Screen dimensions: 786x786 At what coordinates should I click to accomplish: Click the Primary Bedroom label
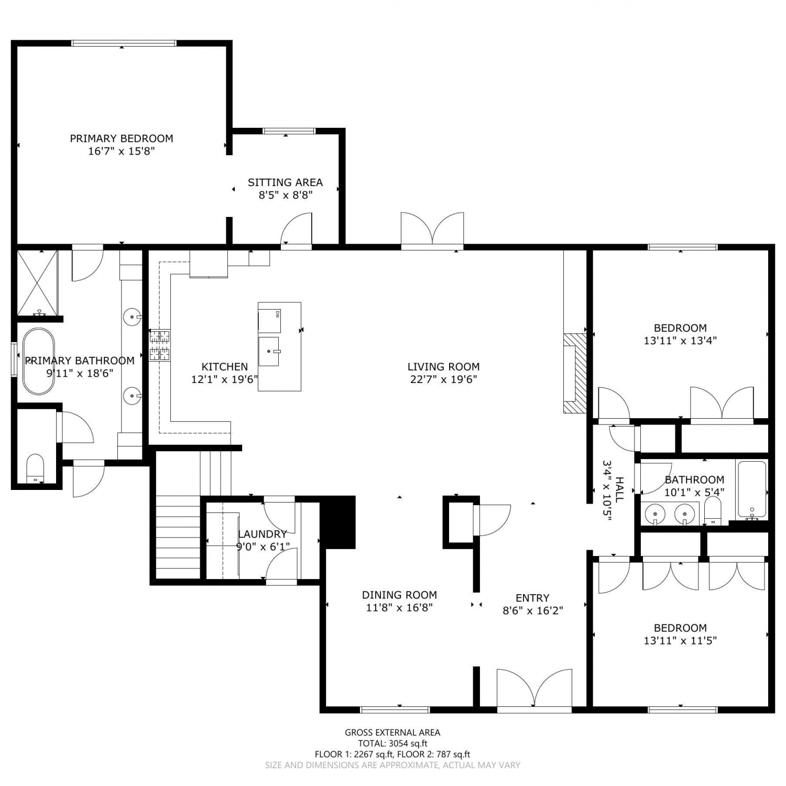[122, 138]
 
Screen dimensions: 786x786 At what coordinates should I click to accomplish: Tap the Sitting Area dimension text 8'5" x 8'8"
[286, 195]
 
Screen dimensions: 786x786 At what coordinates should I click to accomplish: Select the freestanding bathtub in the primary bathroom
[38, 361]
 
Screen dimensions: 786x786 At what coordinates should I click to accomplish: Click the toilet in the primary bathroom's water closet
[35, 468]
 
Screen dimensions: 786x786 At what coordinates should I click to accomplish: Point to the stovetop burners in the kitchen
[160, 345]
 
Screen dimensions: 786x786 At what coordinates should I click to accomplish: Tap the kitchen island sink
[269, 352]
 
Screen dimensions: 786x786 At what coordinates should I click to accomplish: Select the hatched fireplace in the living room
[575, 373]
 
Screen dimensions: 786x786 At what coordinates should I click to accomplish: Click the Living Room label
[444, 367]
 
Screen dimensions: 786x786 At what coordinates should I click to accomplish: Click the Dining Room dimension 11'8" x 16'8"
[399, 608]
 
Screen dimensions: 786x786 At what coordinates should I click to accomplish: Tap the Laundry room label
[263, 534]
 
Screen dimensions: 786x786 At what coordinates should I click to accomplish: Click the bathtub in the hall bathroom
[752, 489]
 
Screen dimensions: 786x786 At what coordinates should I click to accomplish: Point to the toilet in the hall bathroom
[713, 510]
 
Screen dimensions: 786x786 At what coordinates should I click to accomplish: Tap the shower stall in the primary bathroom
[37, 283]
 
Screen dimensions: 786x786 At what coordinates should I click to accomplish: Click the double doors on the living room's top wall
[432, 228]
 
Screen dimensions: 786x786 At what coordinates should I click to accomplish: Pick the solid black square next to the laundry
[338, 521]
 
